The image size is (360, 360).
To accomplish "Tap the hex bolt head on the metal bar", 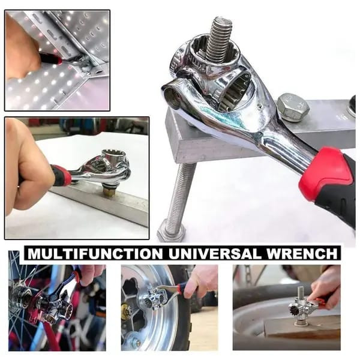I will [x=293, y=107].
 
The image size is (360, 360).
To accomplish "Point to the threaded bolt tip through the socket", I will [x=219, y=37].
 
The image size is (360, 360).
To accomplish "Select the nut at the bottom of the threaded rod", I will [x=171, y=230].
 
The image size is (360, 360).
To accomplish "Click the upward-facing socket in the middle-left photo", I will [x=114, y=158].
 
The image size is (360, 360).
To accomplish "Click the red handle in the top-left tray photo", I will [x=51, y=58].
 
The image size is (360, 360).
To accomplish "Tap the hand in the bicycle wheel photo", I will [x=90, y=273].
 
